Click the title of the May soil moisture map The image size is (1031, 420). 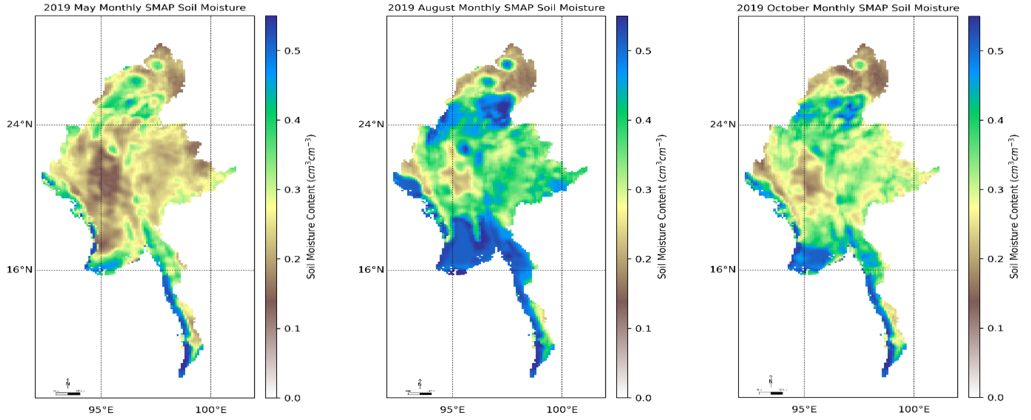(145, 8)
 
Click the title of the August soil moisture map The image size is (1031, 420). (496, 8)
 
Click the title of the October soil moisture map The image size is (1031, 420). (848, 8)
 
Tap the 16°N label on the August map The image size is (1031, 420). (371, 270)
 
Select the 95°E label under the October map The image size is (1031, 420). (804, 409)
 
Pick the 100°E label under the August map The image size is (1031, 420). (562, 409)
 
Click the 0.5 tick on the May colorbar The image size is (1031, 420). (292, 51)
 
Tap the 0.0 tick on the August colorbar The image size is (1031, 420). (643, 398)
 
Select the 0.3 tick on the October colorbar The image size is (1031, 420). (995, 189)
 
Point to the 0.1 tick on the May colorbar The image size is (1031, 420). (292, 328)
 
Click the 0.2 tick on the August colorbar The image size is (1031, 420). (643, 259)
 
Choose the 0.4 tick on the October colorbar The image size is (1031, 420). (995, 120)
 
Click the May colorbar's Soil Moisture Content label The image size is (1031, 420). (311, 206)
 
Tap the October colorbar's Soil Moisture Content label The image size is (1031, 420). (1013, 206)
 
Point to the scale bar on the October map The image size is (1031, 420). (771, 393)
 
